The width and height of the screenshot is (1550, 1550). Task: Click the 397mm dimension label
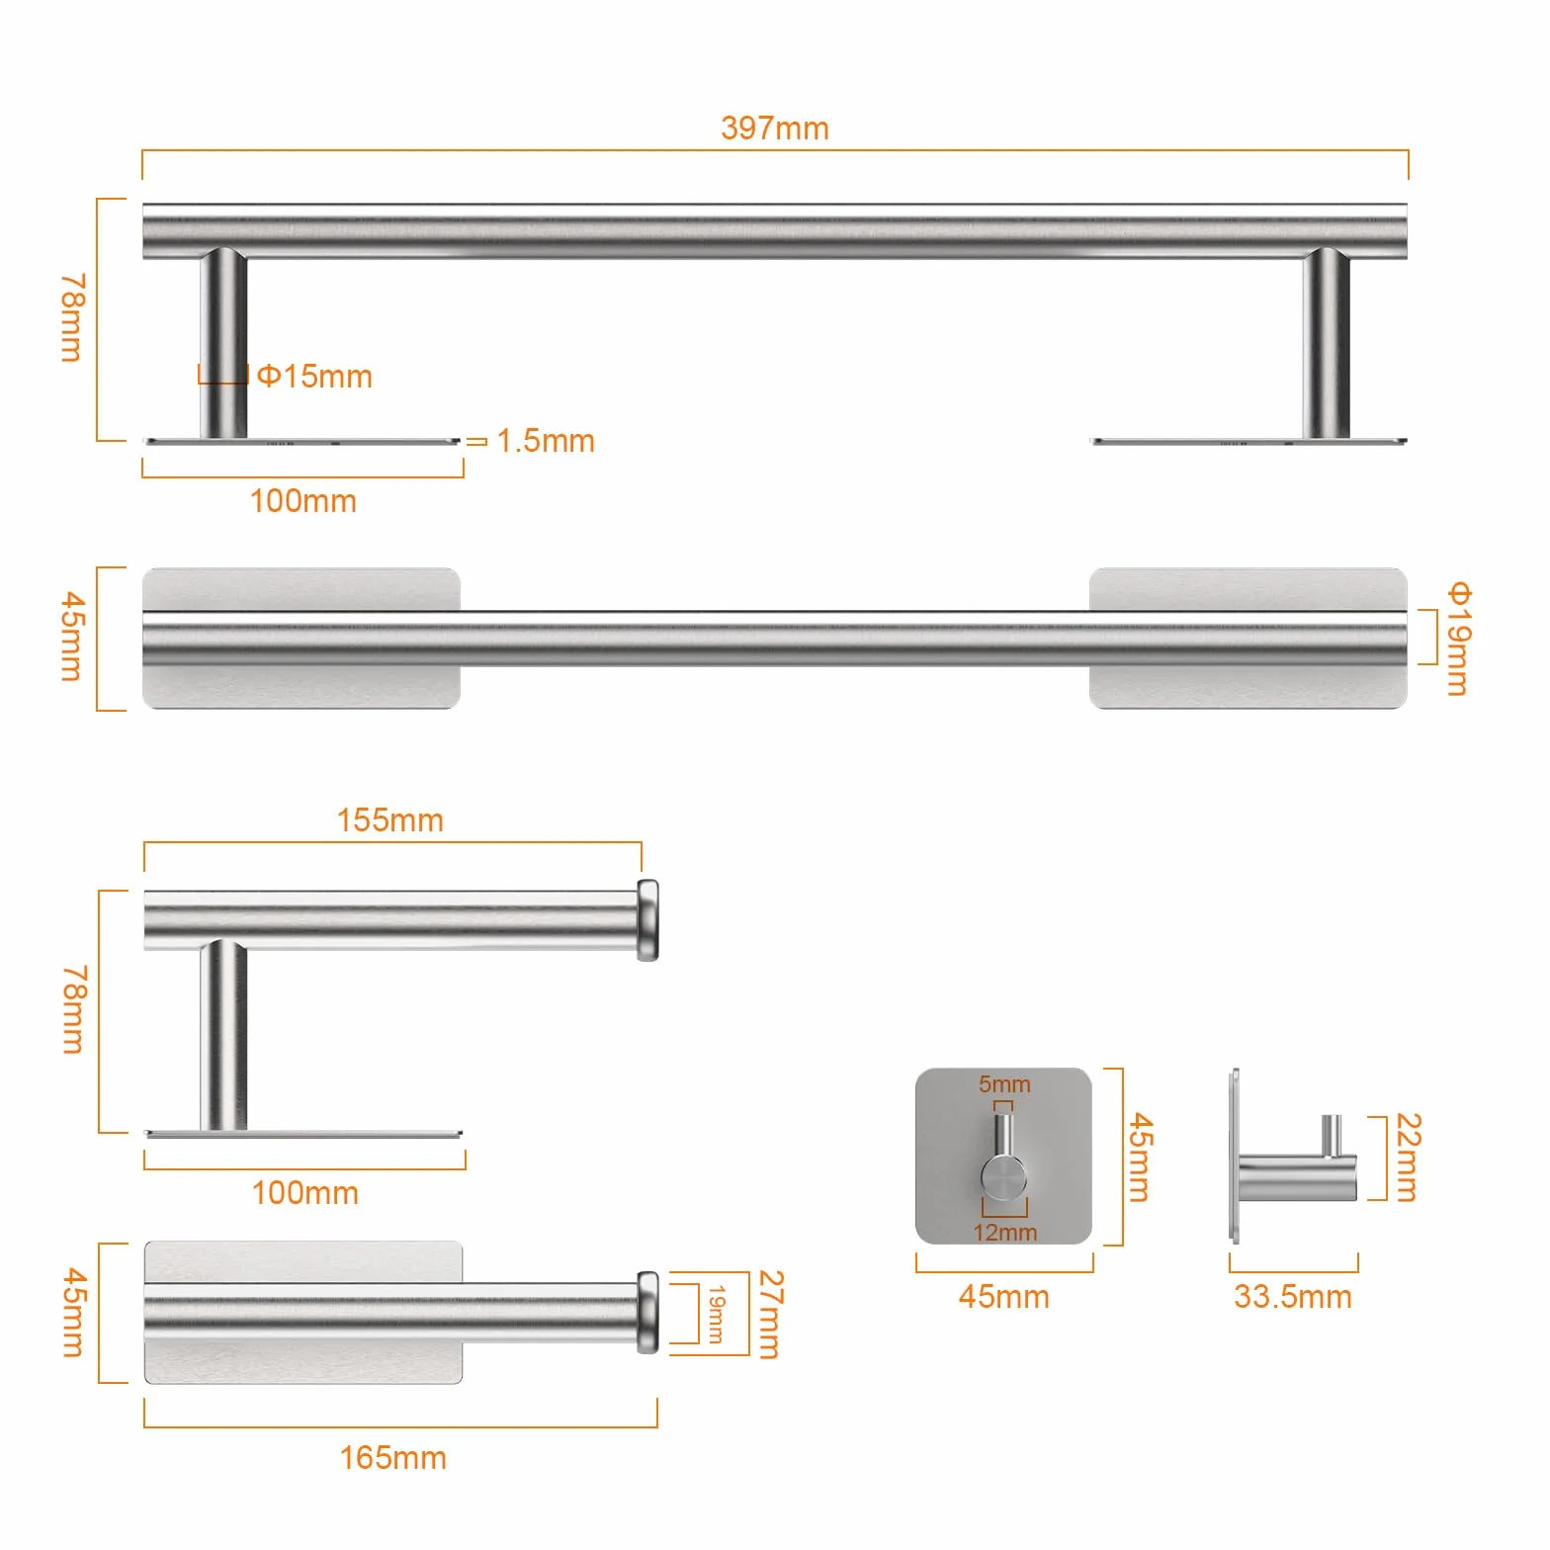click(774, 128)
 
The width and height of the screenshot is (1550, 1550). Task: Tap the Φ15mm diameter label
click(314, 376)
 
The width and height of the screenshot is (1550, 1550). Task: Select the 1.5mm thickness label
click(546, 440)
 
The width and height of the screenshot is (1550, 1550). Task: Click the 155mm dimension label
click(389, 819)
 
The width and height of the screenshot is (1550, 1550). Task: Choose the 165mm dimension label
click(392, 1457)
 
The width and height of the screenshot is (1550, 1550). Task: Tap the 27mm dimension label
click(771, 1314)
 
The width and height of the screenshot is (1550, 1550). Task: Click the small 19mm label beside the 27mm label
click(716, 1314)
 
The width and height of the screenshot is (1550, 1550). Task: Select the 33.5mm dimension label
click(1292, 1296)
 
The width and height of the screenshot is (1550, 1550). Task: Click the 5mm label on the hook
click(1004, 1084)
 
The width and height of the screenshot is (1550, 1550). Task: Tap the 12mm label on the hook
click(1005, 1232)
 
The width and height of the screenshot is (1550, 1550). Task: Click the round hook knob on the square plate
click(1003, 1176)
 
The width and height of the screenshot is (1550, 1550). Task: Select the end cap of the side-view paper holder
click(647, 919)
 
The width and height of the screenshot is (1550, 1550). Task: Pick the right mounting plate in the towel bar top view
click(1248, 639)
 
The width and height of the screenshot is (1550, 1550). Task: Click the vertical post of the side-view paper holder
click(223, 1035)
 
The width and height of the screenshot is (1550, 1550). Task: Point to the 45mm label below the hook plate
click(1003, 1296)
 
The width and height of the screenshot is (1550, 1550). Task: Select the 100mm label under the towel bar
click(302, 500)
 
